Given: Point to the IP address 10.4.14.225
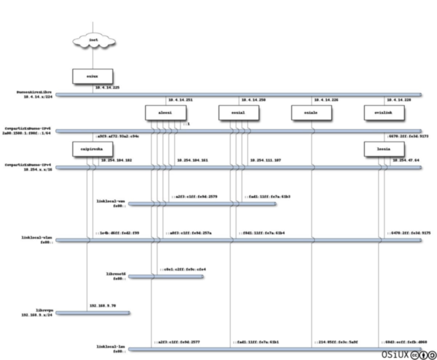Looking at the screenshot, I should click(108, 88).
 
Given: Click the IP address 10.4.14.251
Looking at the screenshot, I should click(181, 100).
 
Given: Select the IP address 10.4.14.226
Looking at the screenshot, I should click(325, 100).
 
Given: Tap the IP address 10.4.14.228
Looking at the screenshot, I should click(398, 100).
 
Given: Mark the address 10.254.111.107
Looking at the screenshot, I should click(262, 159).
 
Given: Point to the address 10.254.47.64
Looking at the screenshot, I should click(404, 159).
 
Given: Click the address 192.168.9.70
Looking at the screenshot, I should click(102, 305).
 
